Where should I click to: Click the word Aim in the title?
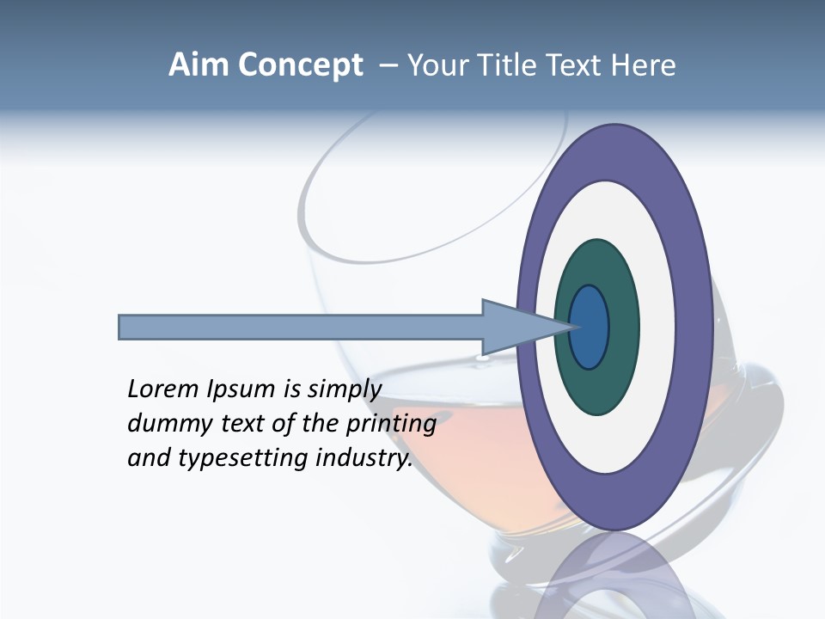coord(199,65)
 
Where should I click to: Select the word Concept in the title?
coord(301,65)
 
